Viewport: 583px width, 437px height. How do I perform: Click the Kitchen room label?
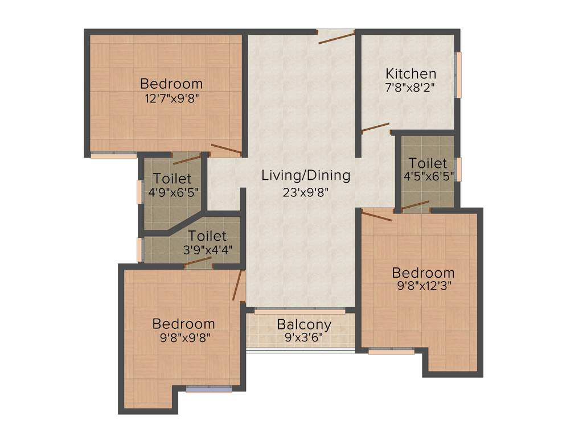tap(410, 73)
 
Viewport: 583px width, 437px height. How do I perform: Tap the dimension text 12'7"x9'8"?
tap(171, 97)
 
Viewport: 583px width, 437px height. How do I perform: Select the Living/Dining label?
tap(306, 175)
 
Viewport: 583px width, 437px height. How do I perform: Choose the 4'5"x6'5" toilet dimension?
tap(428, 176)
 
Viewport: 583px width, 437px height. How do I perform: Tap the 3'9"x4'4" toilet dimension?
tap(207, 249)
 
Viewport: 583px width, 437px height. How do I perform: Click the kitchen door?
tap(375, 127)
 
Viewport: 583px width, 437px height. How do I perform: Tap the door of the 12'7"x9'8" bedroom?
tap(226, 150)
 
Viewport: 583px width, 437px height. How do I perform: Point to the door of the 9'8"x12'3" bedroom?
tap(377, 216)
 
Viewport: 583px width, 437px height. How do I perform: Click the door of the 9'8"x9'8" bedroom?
tap(238, 285)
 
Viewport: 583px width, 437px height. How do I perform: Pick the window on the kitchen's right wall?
tap(458, 75)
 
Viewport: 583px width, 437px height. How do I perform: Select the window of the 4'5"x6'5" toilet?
tap(458, 170)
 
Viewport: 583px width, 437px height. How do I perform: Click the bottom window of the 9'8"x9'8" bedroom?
tap(209, 389)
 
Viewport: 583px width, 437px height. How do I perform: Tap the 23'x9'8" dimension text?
tap(306, 192)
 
